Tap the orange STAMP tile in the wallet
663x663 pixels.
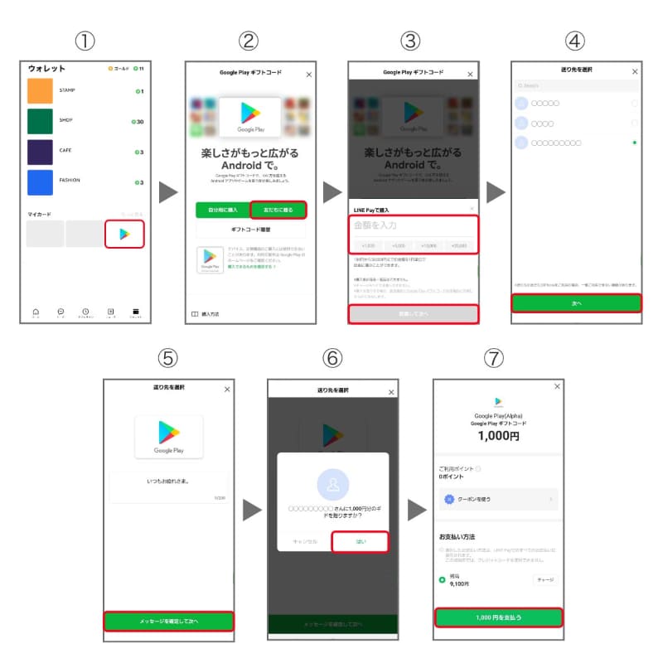pyautogui.click(x=40, y=90)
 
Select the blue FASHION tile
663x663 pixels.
pyautogui.click(x=40, y=182)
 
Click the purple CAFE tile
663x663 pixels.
pyautogui.click(x=40, y=152)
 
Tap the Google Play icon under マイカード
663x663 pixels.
pyautogui.click(x=124, y=234)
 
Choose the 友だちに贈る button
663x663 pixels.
pyautogui.click(x=278, y=210)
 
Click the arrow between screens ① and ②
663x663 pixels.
pyautogui.click(x=168, y=192)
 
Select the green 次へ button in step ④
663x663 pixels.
pyautogui.click(x=576, y=303)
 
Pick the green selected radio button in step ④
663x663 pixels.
pyautogui.click(x=634, y=143)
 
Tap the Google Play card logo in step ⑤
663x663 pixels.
pyautogui.click(x=168, y=436)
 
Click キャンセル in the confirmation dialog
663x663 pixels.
pyautogui.click(x=304, y=541)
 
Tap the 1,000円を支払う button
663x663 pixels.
pyautogui.click(x=498, y=617)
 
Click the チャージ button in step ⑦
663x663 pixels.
pyautogui.click(x=544, y=580)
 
